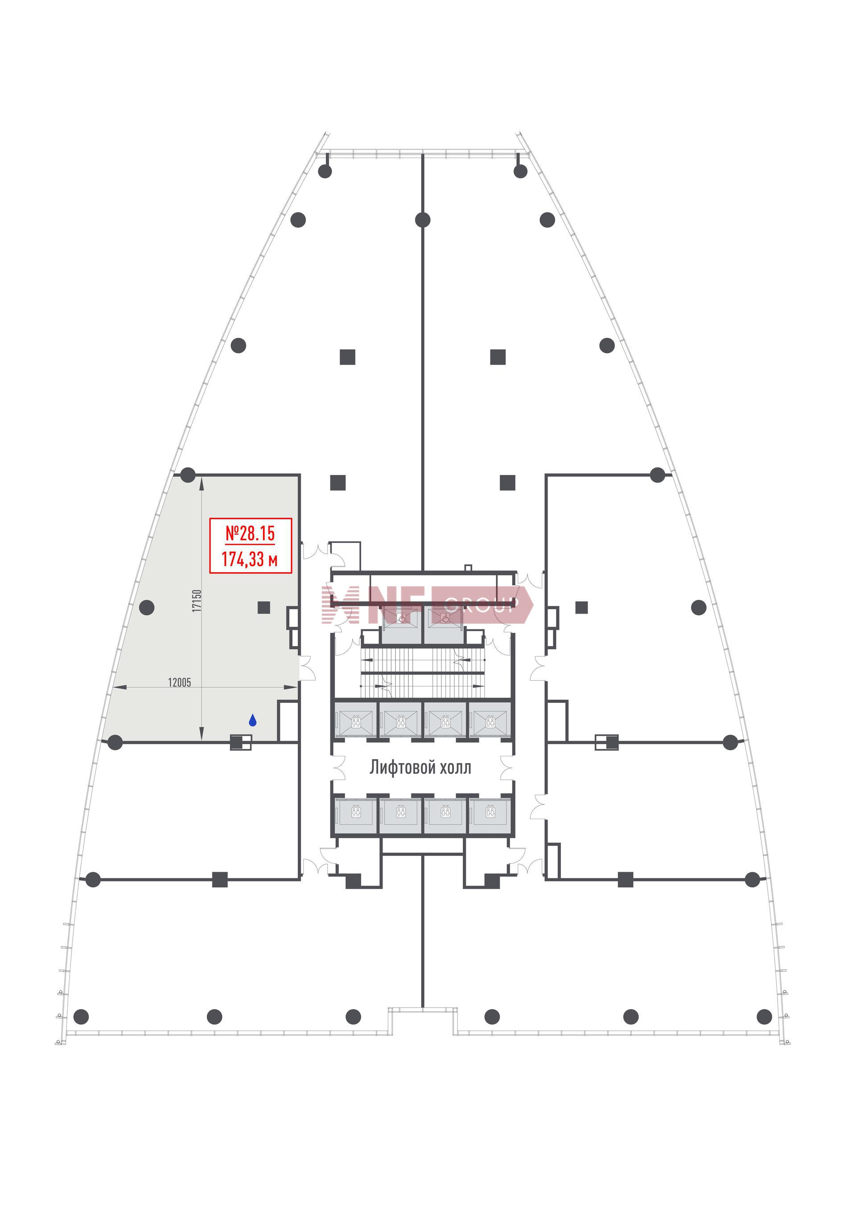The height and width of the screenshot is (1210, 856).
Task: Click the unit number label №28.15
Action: (251, 534)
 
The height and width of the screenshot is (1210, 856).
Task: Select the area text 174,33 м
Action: (250, 558)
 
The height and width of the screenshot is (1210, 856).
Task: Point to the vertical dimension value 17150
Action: (197, 601)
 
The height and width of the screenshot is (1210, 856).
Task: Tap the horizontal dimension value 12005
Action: (179, 682)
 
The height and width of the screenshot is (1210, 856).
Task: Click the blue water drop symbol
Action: (252, 720)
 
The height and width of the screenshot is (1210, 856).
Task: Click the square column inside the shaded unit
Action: (264, 607)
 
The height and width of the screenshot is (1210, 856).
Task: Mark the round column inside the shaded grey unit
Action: (147, 607)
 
